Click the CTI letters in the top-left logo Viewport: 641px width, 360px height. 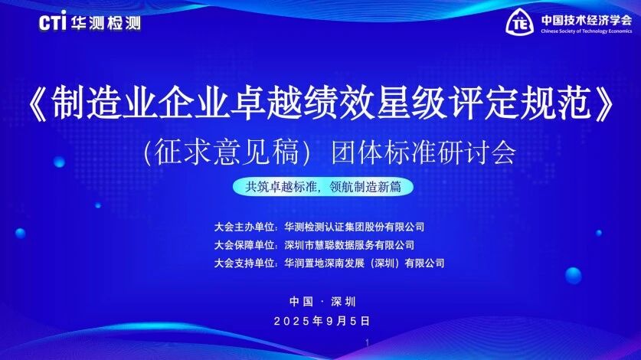[x=52, y=21]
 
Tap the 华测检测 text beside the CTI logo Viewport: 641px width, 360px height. [x=106, y=23]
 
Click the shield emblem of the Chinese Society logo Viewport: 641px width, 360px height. [x=519, y=22]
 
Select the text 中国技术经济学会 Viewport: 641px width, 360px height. [x=586, y=20]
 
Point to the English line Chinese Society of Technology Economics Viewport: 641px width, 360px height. [x=586, y=31]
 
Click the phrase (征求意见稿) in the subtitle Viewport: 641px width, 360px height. [x=227, y=152]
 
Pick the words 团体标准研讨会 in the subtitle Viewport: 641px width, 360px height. [x=424, y=152]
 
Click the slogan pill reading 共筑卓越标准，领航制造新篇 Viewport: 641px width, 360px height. [x=323, y=187]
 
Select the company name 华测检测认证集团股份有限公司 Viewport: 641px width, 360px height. [x=355, y=227]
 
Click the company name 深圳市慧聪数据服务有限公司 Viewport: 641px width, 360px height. [x=349, y=245]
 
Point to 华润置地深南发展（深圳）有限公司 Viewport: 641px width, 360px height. [x=365, y=263]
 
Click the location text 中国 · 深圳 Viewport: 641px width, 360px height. [x=323, y=302]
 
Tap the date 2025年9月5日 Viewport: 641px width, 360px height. [x=322, y=321]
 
